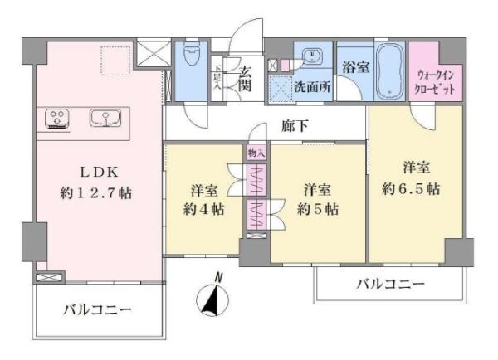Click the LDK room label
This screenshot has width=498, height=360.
point(100,173)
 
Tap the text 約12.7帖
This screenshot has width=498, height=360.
point(100,192)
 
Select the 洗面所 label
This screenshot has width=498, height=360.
point(310,86)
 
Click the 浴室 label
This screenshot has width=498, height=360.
point(357,68)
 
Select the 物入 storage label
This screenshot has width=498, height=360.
point(255,153)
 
